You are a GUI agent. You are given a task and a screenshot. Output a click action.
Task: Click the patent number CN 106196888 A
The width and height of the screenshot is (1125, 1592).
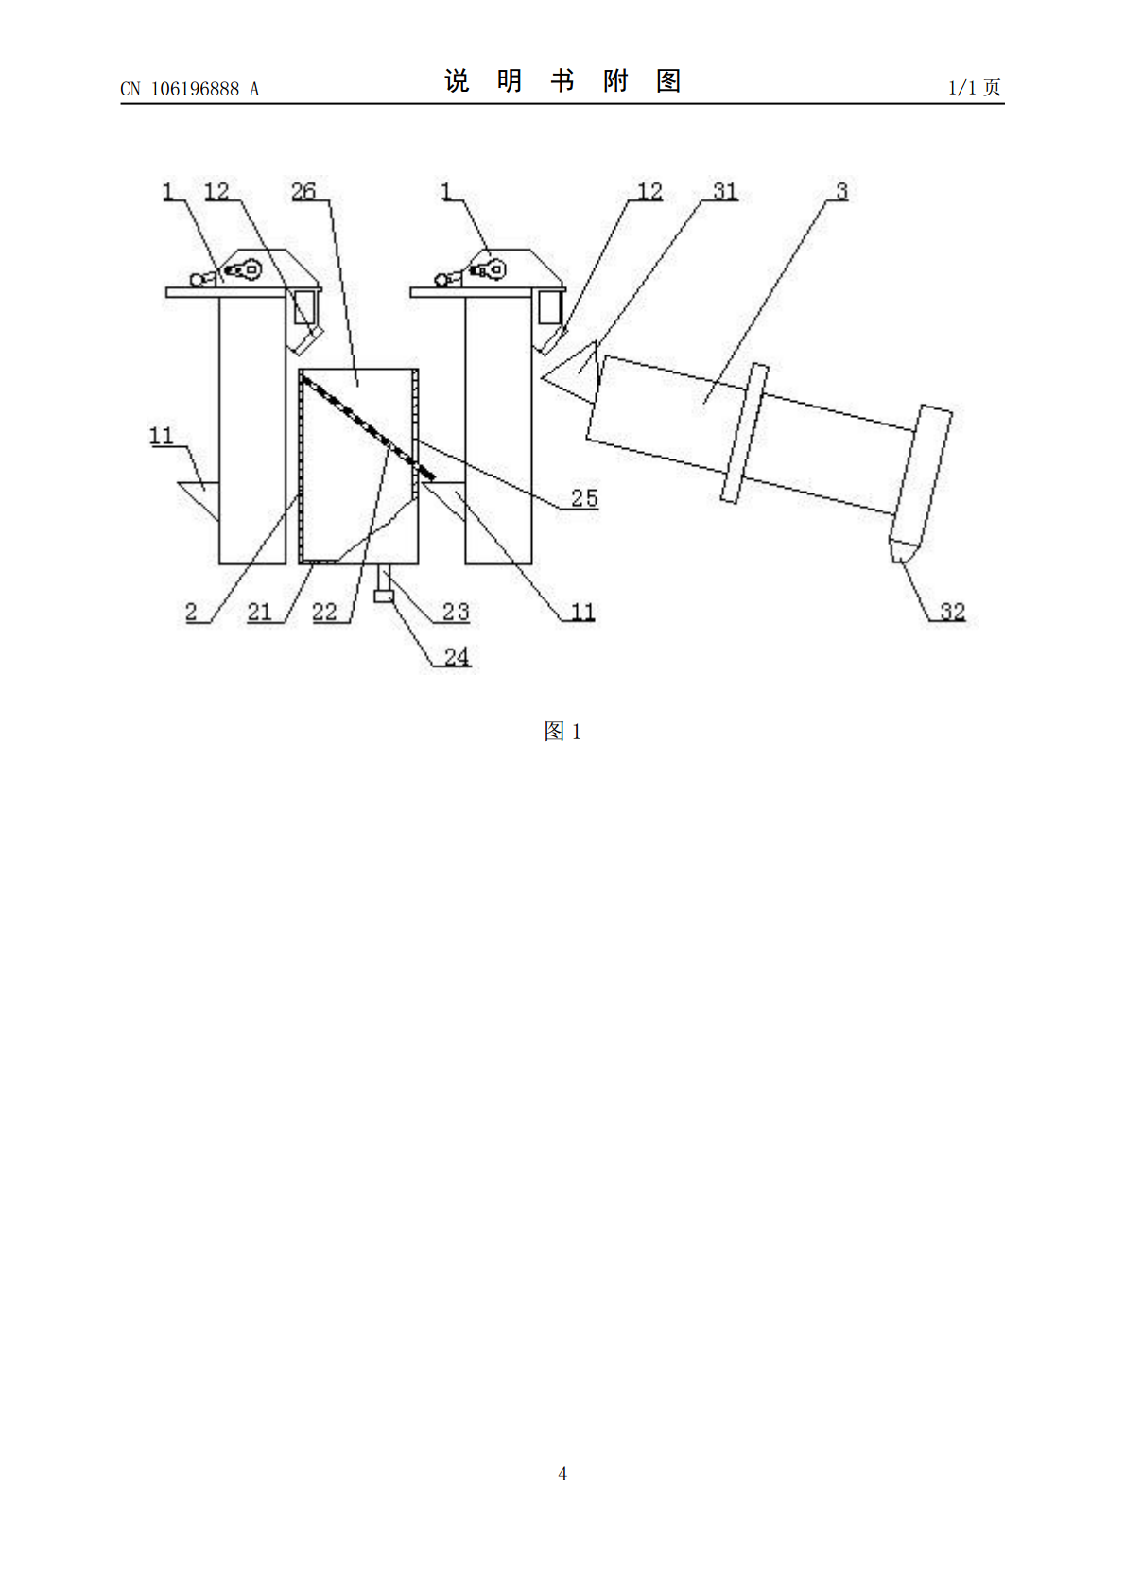tap(190, 89)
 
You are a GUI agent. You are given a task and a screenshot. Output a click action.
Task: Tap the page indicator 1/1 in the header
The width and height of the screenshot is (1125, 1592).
tap(962, 88)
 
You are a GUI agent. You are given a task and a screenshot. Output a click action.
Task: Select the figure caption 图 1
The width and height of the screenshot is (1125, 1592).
tap(562, 731)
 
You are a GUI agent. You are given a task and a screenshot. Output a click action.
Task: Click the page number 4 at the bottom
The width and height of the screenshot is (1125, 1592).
tap(562, 1474)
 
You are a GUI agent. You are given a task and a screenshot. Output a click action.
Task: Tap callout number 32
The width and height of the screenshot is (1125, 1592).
tap(952, 612)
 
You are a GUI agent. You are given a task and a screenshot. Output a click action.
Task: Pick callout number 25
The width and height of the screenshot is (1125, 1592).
tap(584, 497)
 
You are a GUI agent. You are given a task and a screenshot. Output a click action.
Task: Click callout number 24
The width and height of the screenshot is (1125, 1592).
tap(457, 657)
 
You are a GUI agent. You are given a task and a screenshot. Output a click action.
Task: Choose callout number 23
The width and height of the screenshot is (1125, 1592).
tap(456, 612)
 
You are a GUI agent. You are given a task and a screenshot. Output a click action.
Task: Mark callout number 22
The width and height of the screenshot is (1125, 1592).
tap(325, 612)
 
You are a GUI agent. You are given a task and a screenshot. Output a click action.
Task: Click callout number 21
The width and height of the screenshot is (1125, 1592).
tap(259, 612)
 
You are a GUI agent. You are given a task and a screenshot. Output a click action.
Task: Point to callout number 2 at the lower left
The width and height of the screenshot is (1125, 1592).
tap(190, 612)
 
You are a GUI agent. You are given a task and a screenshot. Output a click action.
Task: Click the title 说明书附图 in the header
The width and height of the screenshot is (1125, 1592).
tap(562, 81)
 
